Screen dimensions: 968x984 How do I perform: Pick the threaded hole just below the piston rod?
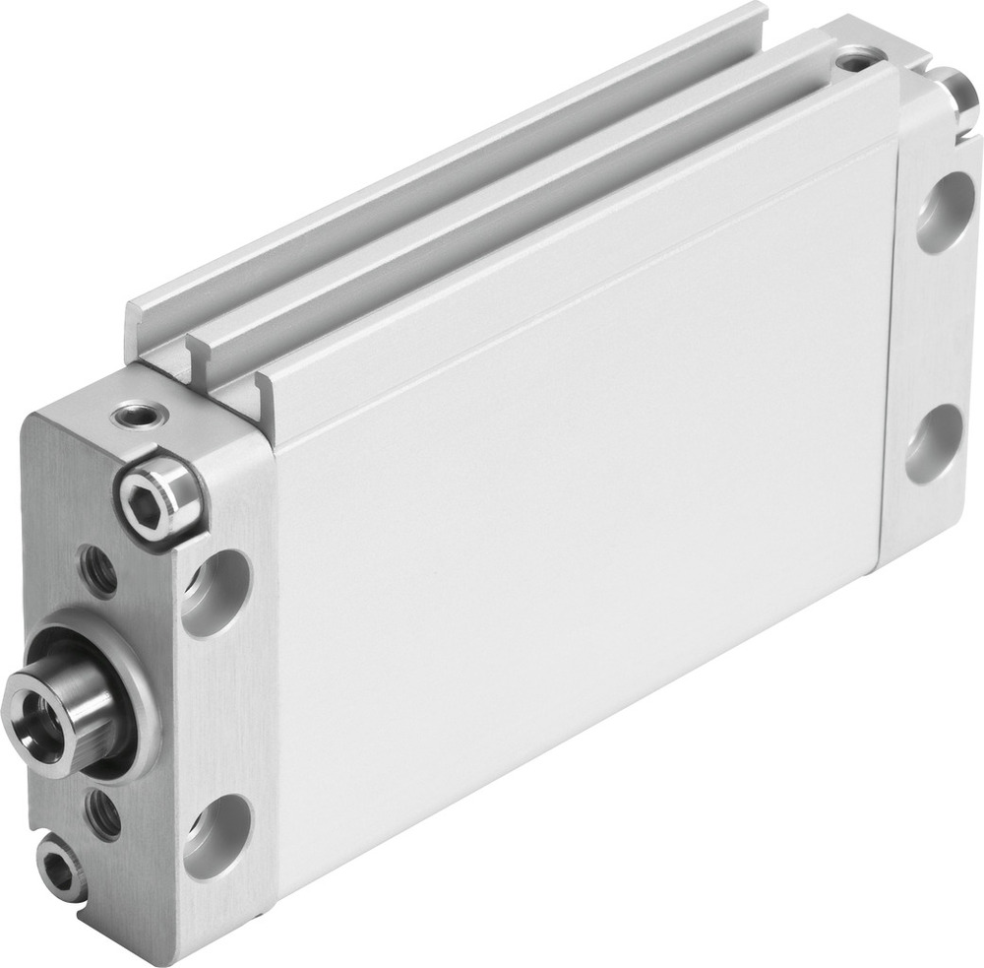point(101,813)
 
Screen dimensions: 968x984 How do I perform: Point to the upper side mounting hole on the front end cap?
point(216,591)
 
